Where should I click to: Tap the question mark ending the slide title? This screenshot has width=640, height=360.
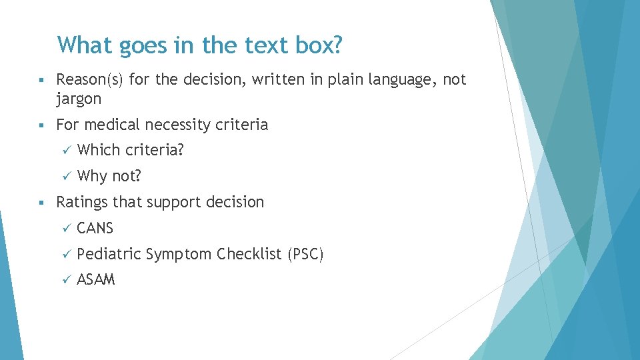(x=337, y=45)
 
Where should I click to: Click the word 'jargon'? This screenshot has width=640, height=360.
(x=79, y=99)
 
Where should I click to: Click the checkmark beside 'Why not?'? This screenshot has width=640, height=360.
(x=65, y=177)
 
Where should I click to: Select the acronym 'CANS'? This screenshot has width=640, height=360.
(x=95, y=228)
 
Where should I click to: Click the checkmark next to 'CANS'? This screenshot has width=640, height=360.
(x=65, y=229)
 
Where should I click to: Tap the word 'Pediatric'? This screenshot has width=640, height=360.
(x=109, y=254)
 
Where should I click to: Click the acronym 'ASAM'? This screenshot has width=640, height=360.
(x=96, y=280)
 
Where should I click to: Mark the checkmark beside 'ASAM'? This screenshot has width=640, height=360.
(x=65, y=281)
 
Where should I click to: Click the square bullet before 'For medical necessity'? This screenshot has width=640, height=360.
(x=41, y=125)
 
